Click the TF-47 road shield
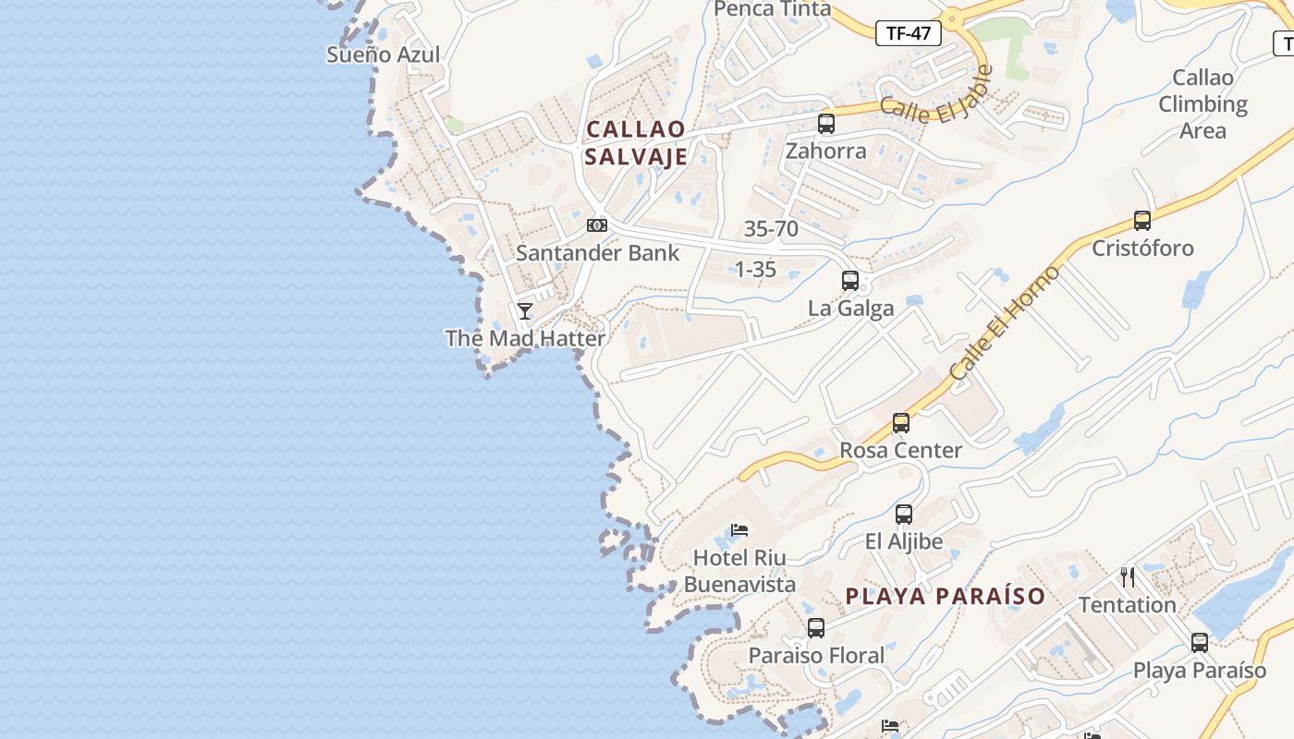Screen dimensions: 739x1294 coord(908,33)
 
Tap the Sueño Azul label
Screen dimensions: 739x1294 coord(383,55)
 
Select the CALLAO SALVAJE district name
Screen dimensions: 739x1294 coord(636,142)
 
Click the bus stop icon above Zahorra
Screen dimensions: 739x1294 coord(826,123)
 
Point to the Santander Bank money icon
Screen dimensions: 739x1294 coord(597,224)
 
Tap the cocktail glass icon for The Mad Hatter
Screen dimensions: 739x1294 coord(525,310)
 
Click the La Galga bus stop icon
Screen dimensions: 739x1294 coord(850,280)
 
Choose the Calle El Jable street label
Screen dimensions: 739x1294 coord(935,98)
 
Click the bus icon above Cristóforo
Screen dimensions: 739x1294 coord(1142,221)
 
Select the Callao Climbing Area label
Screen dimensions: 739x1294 coord(1202,103)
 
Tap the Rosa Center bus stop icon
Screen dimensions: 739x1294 coord(901,423)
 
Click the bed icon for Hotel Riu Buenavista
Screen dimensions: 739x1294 coord(739,530)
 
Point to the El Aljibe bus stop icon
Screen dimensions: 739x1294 coord(904,514)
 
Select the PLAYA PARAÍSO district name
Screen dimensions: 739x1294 coord(945,596)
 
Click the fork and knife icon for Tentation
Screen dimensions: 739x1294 coord(1128,577)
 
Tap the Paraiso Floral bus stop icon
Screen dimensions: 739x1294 coord(816,628)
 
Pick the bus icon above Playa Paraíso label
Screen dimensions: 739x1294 coord(1200,642)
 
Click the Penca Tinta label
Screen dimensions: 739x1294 coord(773,9)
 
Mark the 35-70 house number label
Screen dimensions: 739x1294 coord(771,228)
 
